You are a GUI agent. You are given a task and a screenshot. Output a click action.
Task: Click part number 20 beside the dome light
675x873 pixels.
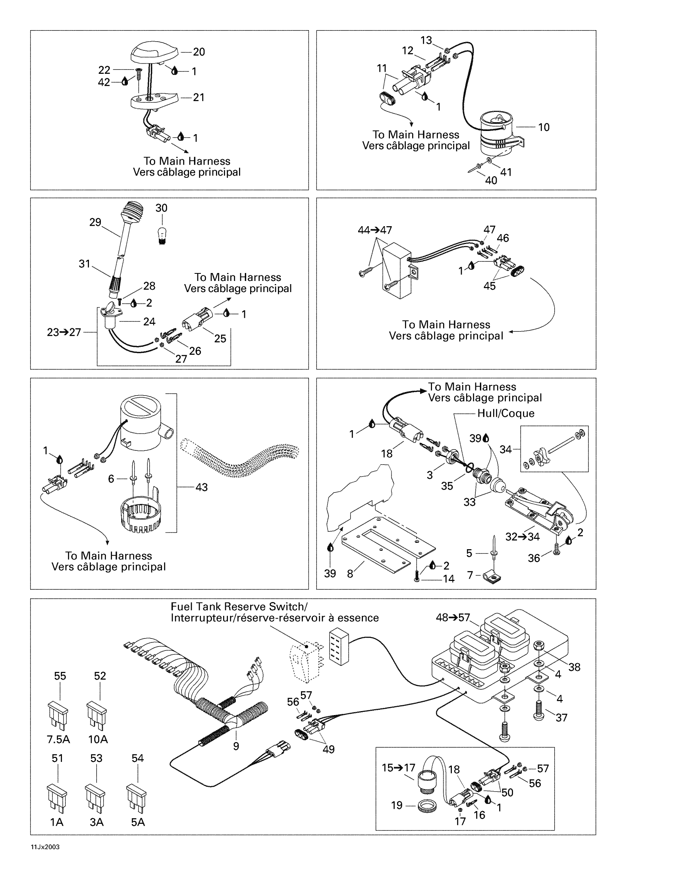199,52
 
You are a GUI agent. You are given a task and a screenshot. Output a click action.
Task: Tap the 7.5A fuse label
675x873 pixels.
58,740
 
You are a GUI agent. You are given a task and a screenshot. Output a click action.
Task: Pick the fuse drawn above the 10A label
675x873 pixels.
97,717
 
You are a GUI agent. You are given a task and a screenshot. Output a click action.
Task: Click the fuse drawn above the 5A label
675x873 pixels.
136,800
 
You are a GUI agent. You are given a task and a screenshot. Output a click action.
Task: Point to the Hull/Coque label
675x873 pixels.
506,413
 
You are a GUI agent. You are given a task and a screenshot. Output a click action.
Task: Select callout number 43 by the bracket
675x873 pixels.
202,487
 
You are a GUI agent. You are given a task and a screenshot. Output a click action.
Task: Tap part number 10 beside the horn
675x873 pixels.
544,127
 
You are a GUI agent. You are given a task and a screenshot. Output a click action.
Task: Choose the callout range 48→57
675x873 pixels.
453,617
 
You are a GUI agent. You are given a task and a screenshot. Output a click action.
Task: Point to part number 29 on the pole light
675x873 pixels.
95,222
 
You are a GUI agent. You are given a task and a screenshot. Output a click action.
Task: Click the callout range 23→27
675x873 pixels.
64,332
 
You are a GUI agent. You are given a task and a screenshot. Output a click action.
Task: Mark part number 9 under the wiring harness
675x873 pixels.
236,746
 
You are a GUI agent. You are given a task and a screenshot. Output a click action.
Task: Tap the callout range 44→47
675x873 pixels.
375,230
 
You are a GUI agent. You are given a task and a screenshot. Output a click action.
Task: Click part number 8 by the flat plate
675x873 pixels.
350,574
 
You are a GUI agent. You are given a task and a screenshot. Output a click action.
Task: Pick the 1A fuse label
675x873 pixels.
57,822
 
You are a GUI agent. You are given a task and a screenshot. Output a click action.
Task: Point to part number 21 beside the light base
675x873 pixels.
199,98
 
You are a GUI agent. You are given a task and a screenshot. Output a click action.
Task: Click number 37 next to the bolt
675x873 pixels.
561,718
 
